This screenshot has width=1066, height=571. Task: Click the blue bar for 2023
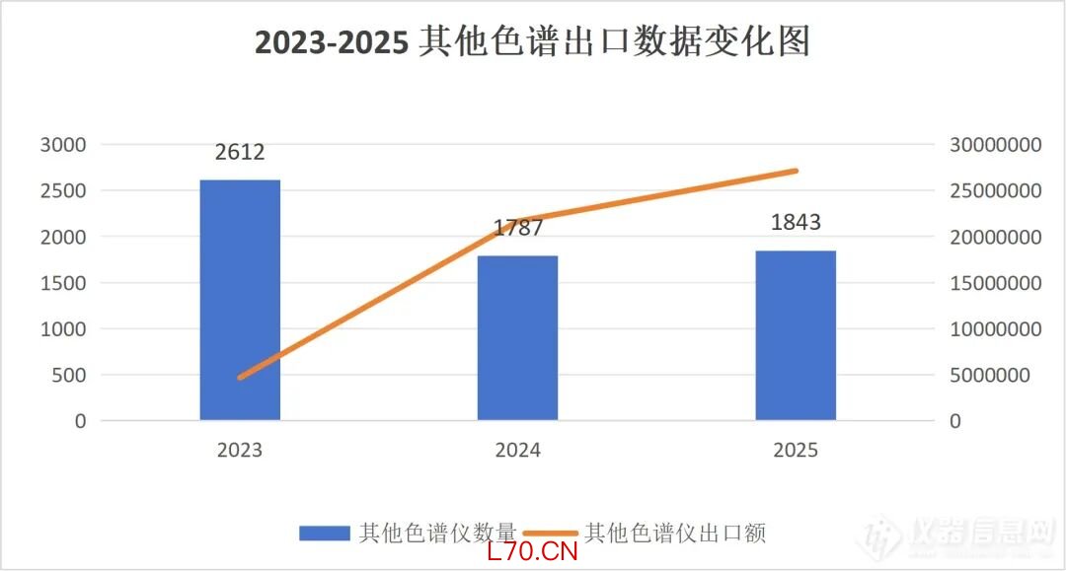tap(240, 300)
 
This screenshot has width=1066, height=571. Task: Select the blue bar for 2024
tap(518, 338)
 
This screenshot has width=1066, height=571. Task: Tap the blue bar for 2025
tap(796, 335)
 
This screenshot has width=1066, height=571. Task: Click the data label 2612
tap(240, 153)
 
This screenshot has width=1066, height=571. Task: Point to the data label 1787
tap(518, 229)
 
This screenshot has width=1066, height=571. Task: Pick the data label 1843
tap(796, 222)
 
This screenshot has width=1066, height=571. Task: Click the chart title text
tap(532, 42)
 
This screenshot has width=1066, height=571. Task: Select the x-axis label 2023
tap(240, 451)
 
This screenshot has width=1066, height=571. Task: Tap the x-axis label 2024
tap(518, 451)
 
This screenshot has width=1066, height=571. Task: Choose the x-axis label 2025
tap(796, 451)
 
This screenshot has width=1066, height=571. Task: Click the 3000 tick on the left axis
tap(63, 145)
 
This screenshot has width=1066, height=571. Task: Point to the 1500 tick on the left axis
tap(63, 283)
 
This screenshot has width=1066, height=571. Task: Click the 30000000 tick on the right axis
tap(995, 145)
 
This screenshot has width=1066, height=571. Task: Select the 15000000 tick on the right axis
tap(995, 283)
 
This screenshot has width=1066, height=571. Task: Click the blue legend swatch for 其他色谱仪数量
tap(325, 534)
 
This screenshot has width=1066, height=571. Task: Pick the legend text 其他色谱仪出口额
tap(675, 534)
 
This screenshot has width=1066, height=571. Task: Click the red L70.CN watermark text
tap(532, 551)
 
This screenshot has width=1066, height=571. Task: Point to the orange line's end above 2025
tap(796, 171)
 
